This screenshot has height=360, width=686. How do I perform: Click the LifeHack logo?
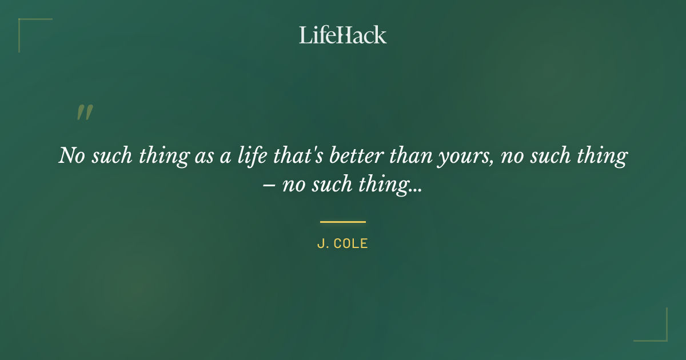343,35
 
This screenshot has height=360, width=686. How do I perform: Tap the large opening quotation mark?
85,113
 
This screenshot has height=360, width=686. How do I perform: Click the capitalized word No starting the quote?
71,155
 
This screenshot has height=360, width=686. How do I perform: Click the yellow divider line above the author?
343,222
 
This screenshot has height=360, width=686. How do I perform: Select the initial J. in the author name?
322,243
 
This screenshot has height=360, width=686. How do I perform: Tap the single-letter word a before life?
225,157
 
